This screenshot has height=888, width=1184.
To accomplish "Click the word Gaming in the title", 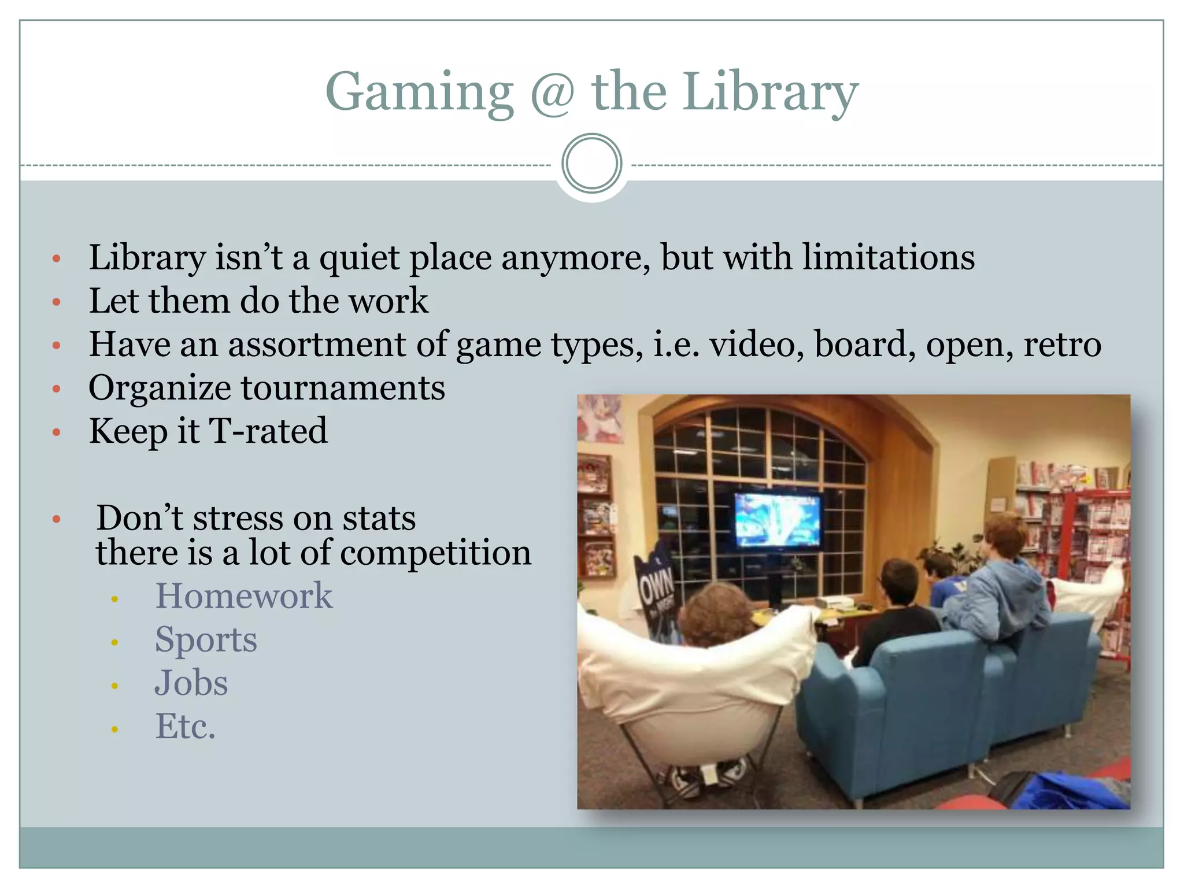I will point(420,92).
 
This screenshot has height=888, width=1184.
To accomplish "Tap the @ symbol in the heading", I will point(553,92).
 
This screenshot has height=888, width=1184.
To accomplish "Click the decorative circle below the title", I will point(591,164).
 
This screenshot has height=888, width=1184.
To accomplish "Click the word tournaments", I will point(343,387).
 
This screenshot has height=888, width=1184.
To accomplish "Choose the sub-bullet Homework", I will point(243,595).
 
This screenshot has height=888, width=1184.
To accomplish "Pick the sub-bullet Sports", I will point(206,639).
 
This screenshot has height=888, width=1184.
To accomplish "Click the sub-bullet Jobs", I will point(191,683).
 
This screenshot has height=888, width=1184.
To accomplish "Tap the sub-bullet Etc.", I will point(185,726).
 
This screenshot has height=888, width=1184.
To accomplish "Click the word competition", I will point(435,552).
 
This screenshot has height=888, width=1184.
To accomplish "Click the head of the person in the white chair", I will point(716,613).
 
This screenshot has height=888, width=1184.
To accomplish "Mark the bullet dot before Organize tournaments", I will point(56,388).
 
